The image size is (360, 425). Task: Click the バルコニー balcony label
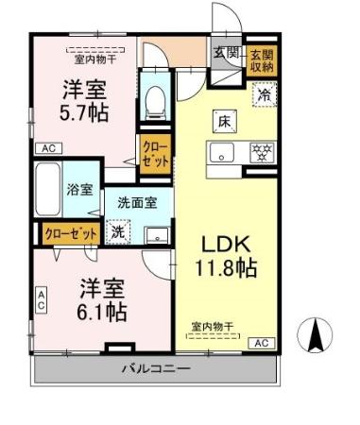(157, 368)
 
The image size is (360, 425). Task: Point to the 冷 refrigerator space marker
(265, 94)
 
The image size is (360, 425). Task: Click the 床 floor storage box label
(225, 120)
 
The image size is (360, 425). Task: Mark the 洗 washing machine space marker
(118, 229)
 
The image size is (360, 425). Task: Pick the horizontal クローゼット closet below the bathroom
(70, 231)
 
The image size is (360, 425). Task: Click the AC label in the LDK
(262, 342)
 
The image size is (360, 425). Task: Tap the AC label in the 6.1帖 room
(41, 299)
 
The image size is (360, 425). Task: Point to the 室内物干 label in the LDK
(213, 327)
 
